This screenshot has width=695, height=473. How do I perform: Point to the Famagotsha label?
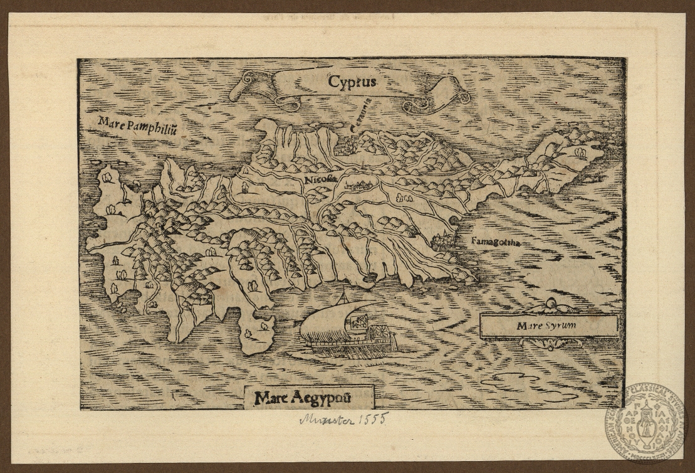(x=495, y=241)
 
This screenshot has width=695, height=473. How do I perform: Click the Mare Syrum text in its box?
(x=546, y=326)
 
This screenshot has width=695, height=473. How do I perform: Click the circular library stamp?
(x=645, y=423)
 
